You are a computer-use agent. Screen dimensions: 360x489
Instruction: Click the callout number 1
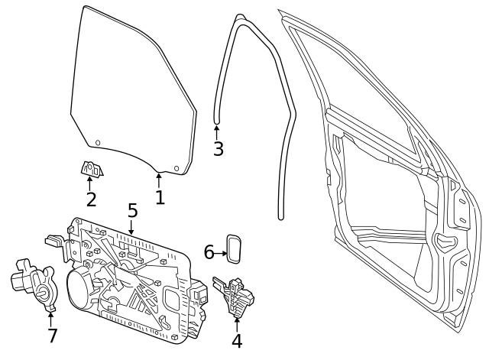160,198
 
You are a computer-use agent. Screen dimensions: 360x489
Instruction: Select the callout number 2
91,200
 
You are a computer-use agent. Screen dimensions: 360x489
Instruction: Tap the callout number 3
219,149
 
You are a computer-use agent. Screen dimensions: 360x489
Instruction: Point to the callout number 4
237,342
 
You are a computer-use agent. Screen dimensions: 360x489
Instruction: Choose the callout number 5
132,210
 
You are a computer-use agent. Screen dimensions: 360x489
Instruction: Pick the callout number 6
209,252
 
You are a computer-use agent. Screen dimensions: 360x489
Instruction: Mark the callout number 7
52,336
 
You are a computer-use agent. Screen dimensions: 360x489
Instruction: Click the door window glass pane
130,92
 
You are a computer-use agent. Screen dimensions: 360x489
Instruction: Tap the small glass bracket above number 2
92,167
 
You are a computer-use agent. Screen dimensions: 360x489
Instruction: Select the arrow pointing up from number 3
217,131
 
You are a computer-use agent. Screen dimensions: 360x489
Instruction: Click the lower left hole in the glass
98,143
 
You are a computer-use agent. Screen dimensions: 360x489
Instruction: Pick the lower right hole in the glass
176,168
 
